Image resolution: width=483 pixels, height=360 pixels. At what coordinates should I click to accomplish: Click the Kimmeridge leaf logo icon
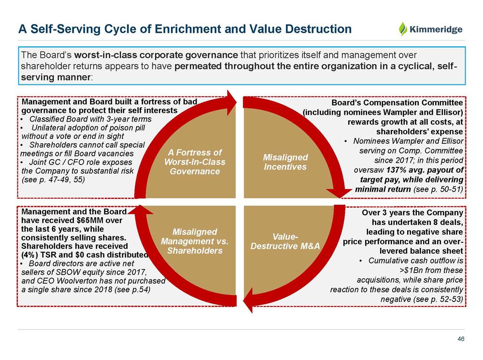tap(403, 29)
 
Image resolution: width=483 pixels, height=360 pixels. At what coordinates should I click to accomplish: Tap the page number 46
tap(461, 339)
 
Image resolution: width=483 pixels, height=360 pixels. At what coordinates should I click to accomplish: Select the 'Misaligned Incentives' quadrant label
tap(285, 162)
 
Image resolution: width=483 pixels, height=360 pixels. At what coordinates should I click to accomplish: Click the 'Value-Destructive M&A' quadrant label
tap(285, 241)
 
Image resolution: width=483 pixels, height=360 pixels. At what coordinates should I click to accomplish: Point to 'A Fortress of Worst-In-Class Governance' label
tap(195, 162)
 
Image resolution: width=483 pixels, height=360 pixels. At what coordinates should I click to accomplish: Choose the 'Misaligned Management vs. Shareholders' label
tap(195, 241)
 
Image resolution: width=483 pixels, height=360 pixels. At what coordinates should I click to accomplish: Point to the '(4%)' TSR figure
tap(29, 255)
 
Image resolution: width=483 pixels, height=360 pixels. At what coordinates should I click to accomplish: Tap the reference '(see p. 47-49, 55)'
tap(53, 180)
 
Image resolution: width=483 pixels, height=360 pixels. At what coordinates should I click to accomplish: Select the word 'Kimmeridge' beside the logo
tap(436, 29)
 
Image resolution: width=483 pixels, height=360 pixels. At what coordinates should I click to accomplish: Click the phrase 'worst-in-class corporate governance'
tap(156, 55)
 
